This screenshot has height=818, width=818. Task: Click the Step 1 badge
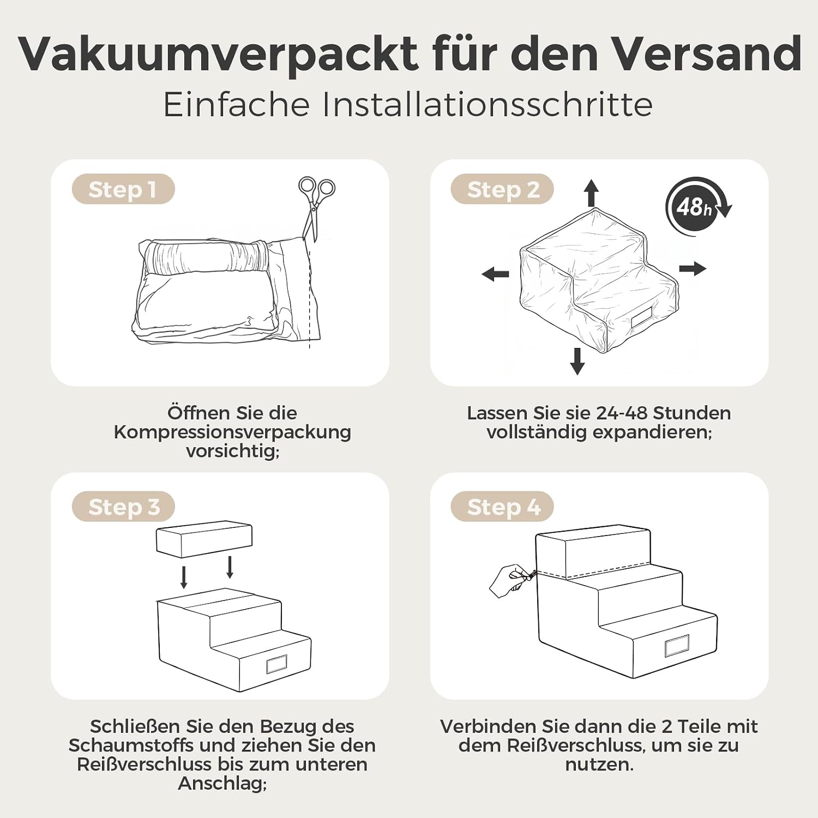pos(123,189)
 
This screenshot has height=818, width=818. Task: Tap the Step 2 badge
pos(502,189)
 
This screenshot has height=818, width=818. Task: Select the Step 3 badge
pos(123,507)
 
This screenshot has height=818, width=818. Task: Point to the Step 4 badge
pos(502,507)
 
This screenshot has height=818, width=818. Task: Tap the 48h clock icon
pos(697,207)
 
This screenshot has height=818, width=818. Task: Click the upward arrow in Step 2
pos(592,193)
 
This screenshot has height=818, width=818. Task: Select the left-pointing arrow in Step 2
pos(495,274)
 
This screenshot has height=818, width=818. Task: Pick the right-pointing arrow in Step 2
pos(693,268)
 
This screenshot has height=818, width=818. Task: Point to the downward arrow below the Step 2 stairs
pos(578,361)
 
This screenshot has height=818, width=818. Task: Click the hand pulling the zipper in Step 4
pos(510,581)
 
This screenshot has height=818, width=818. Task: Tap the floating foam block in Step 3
pos(204,539)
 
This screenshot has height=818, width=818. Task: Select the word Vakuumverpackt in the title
pos(218,55)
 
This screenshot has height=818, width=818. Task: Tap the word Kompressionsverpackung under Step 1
pos(232,432)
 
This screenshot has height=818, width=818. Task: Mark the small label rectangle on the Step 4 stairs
pos(677,646)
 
